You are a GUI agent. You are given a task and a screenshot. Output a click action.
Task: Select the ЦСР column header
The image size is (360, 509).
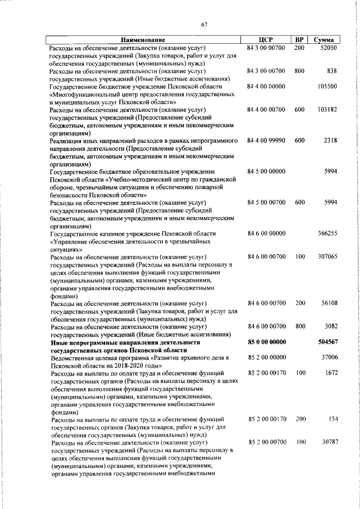pos(266,40)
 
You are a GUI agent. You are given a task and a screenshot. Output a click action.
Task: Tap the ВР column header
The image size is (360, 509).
pos(299,40)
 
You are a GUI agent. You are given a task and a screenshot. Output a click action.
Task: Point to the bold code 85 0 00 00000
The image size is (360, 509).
pos(267,341)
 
